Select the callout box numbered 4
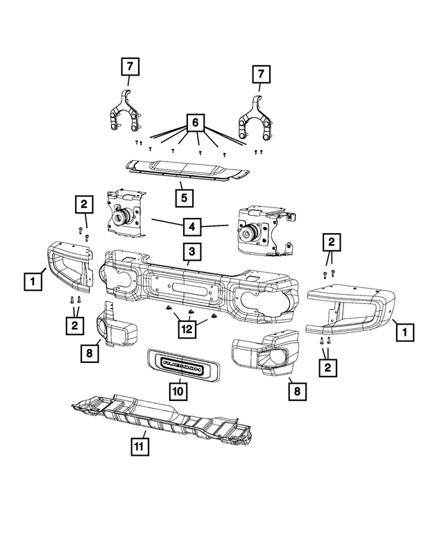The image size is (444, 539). point(193,225)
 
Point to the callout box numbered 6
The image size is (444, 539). point(196,123)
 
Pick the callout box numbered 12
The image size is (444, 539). point(186,330)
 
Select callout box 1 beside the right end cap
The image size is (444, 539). point(402,332)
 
